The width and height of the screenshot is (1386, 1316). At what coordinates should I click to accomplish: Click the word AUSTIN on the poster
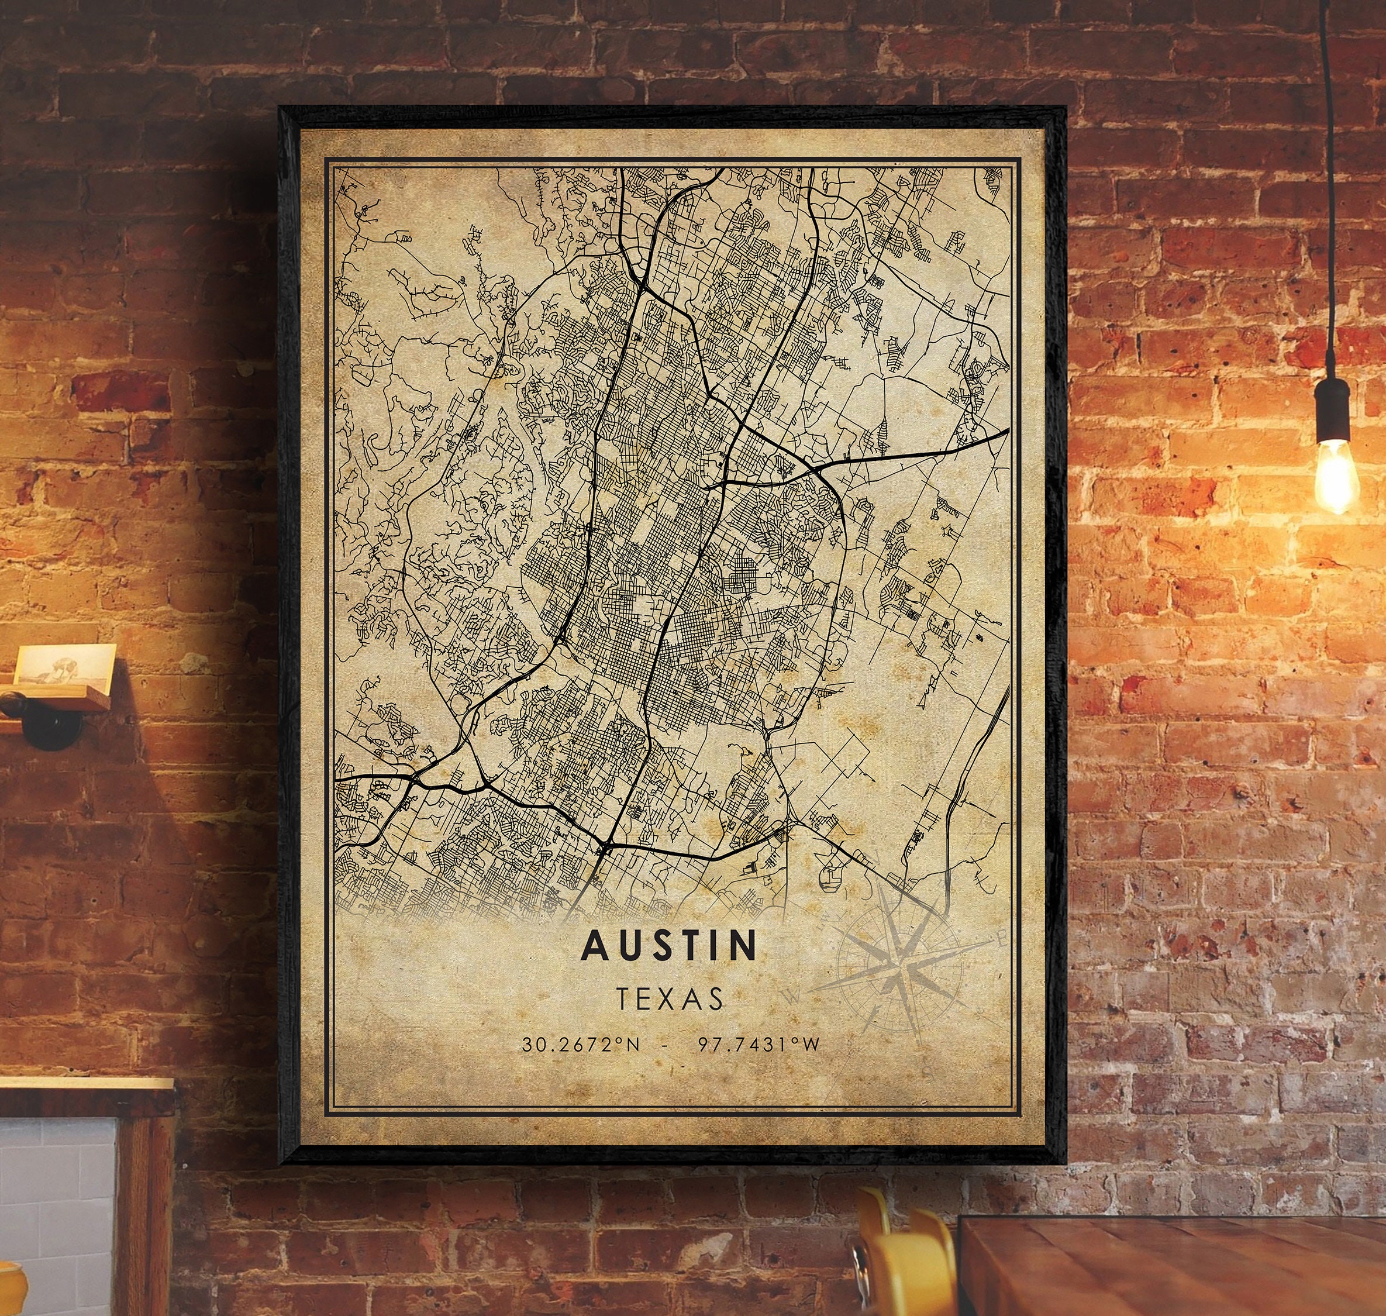click(670, 946)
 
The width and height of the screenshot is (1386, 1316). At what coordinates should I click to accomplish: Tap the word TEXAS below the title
click(670, 999)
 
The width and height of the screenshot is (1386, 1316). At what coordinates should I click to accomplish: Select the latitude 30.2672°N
click(581, 1045)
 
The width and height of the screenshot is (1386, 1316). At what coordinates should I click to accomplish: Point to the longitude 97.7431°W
click(758, 1045)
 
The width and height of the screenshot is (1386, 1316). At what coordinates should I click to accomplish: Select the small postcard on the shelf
click(64, 663)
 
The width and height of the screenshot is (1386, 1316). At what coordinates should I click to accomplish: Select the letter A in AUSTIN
click(595, 946)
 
